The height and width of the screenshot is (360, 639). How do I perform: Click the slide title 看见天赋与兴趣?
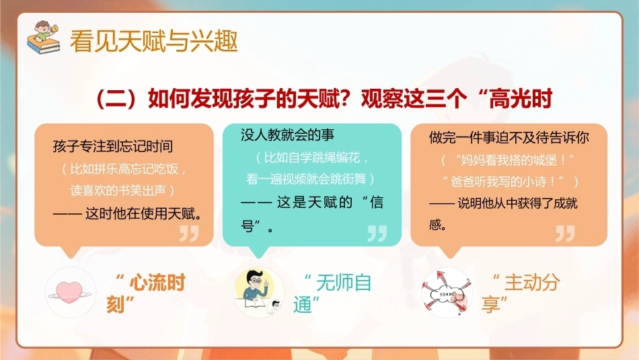click(153, 41)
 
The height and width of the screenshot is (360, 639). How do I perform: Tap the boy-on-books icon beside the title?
click(43, 38)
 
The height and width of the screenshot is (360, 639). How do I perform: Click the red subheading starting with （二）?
click(324, 99)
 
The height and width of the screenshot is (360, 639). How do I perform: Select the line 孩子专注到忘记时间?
click(113, 146)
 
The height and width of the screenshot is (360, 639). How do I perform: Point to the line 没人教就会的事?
click(287, 135)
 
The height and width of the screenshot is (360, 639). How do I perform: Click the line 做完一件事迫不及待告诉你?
click(509, 137)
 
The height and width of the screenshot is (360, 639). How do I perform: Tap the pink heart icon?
click(69, 293)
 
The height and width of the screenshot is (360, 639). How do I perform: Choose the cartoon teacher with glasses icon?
click(258, 292)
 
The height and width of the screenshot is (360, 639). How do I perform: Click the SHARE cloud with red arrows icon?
click(447, 293)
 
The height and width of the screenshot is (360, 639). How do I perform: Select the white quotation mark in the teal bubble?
click(377, 233)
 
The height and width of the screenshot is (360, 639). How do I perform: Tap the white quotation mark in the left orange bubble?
click(189, 233)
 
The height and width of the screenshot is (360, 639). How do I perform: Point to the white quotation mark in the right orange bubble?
click(565, 233)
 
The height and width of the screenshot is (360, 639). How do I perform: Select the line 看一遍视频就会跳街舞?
click(310, 179)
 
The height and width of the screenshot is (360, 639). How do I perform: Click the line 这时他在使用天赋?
click(128, 213)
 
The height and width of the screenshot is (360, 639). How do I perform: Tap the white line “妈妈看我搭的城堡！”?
click(508, 160)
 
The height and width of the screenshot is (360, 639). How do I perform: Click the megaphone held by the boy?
click(54, 30)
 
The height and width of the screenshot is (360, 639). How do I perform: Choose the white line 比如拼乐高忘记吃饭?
click(124, 169)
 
